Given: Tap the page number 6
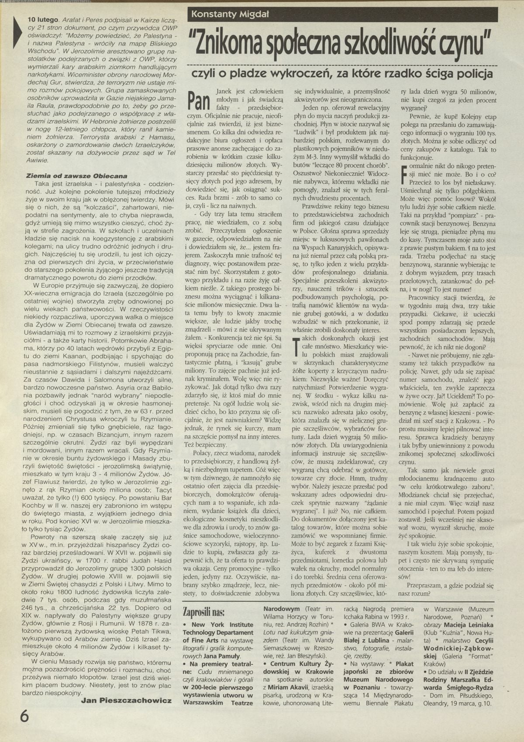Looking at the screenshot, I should (24, 717).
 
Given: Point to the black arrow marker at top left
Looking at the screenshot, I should (17, 33).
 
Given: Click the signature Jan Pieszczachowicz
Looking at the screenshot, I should (126, 700).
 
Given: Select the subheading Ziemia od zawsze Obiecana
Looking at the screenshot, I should (76, 176).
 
